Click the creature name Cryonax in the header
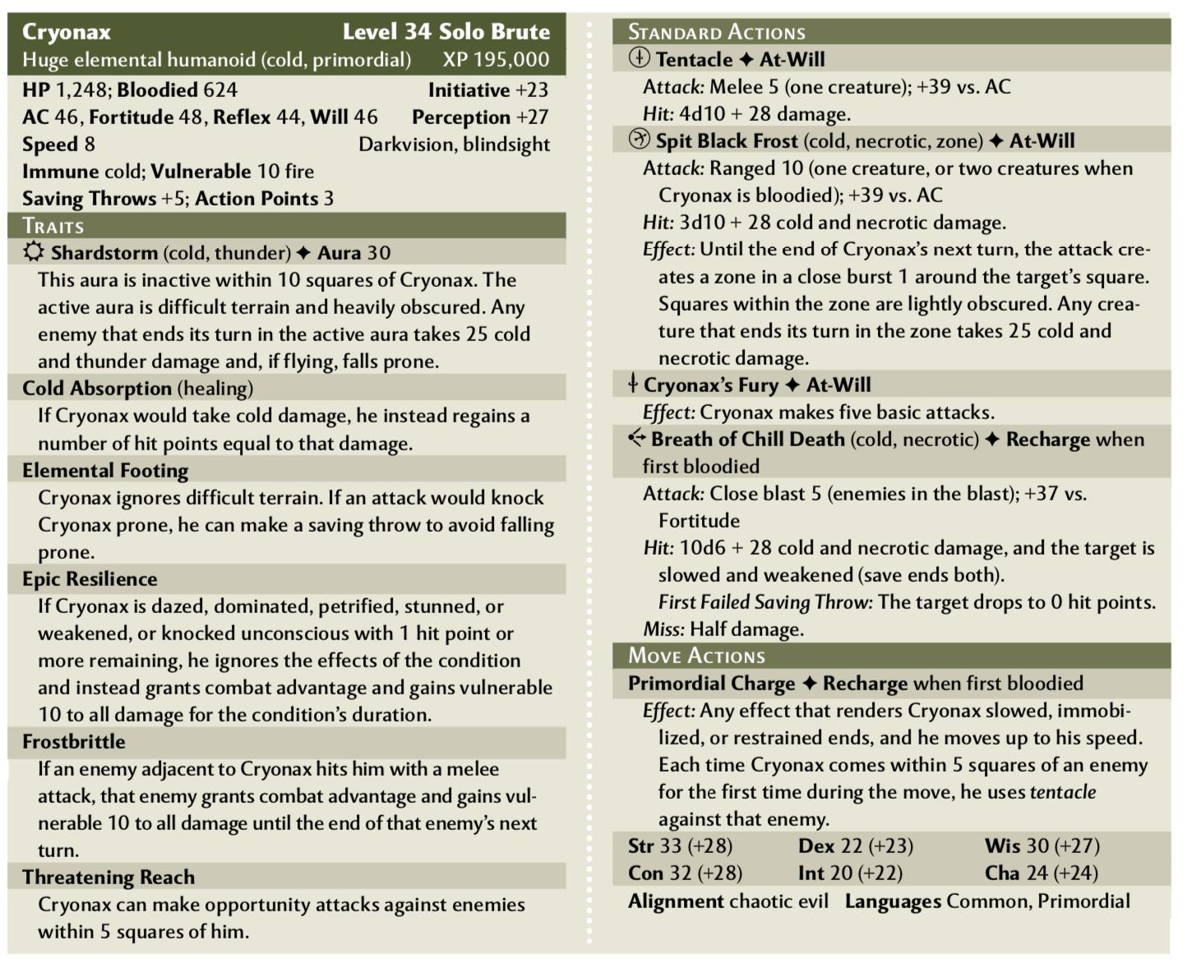tap(67, 32)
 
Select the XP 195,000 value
tap(496, 60)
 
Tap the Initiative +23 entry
tap(487, 90)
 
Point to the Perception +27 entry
tap(480, 117)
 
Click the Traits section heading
tap(53, 226)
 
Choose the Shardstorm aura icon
tap(33, 252)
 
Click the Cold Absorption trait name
tap(97, 388)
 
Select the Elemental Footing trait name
tap(105, 470)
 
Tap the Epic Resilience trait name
tap(90, 578)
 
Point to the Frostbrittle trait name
tap(74, 741)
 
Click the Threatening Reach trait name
tap(109, 877)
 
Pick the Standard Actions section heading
tap(717, 32)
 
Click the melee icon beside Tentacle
tap(639, 58)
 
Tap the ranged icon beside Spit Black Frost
tap(639, 140)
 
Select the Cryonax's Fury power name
tap(710, 385)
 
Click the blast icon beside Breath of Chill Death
tap(636, 438)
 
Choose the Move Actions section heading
tap(696, 655)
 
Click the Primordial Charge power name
tap(711, 683)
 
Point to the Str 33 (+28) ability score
tap(680, 846)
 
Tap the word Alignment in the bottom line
tap(676, 901)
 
